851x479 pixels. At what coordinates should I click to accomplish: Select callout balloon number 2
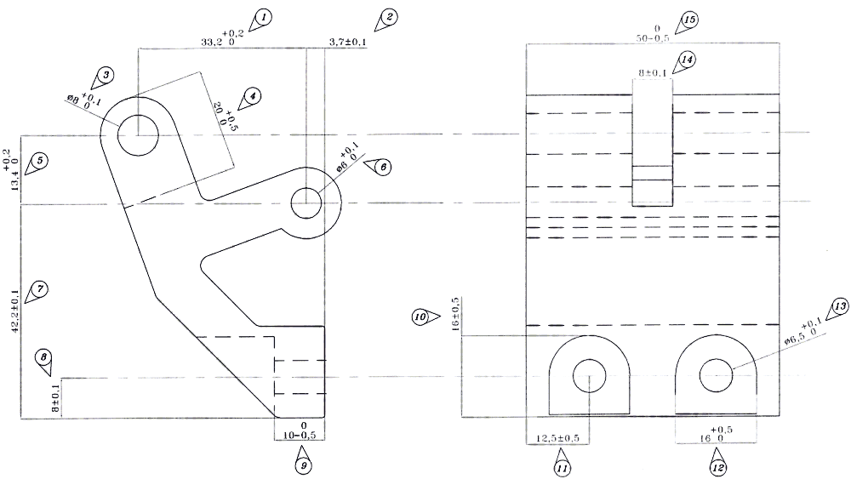pos(388,17)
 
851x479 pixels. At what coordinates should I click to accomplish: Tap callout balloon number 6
pos(382,167)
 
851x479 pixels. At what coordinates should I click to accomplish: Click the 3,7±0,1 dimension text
pos(347,42)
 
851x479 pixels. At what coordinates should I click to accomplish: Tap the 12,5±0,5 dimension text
pos(557,438)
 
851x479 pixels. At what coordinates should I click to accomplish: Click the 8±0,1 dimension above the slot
pos(653,73)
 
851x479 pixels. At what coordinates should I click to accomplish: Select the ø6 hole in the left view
pos(306,202)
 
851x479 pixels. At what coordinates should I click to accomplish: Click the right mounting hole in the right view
pos(716,374)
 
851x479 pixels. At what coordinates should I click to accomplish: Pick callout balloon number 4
pos(251,97)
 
